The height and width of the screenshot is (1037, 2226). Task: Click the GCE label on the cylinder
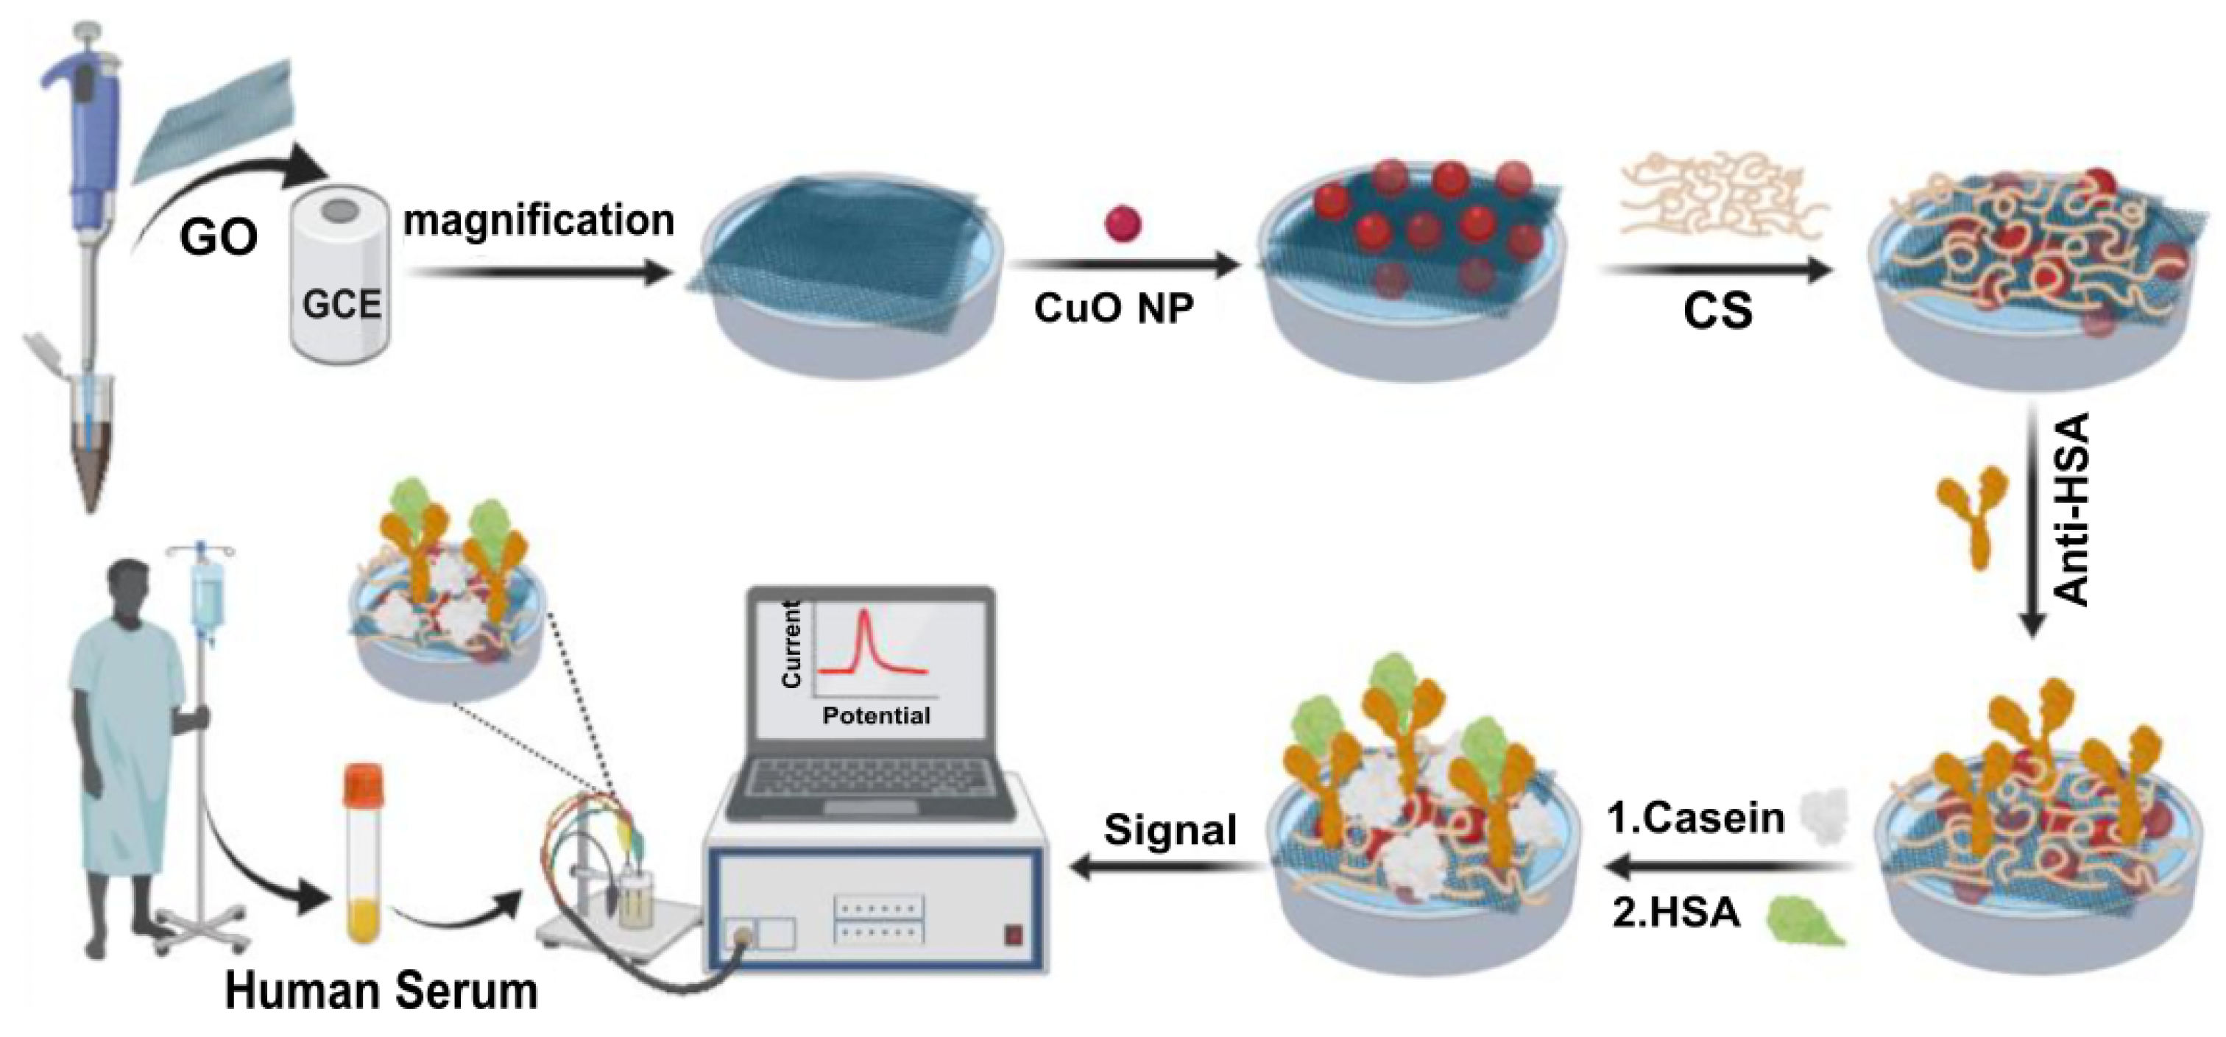(342, 304)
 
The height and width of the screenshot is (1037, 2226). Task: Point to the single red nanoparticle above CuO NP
(1123, 224)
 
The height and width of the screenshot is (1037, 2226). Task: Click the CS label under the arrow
(1717, 311)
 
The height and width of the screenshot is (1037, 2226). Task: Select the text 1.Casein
(1695, 818)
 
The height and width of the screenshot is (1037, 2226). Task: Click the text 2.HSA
(1675, 913)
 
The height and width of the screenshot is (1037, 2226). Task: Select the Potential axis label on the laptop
(875, 715)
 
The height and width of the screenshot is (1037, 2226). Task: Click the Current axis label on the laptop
(791, 645)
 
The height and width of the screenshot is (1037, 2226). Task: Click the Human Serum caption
(381, 991)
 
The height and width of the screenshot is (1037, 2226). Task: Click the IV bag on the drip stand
(205, 596)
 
